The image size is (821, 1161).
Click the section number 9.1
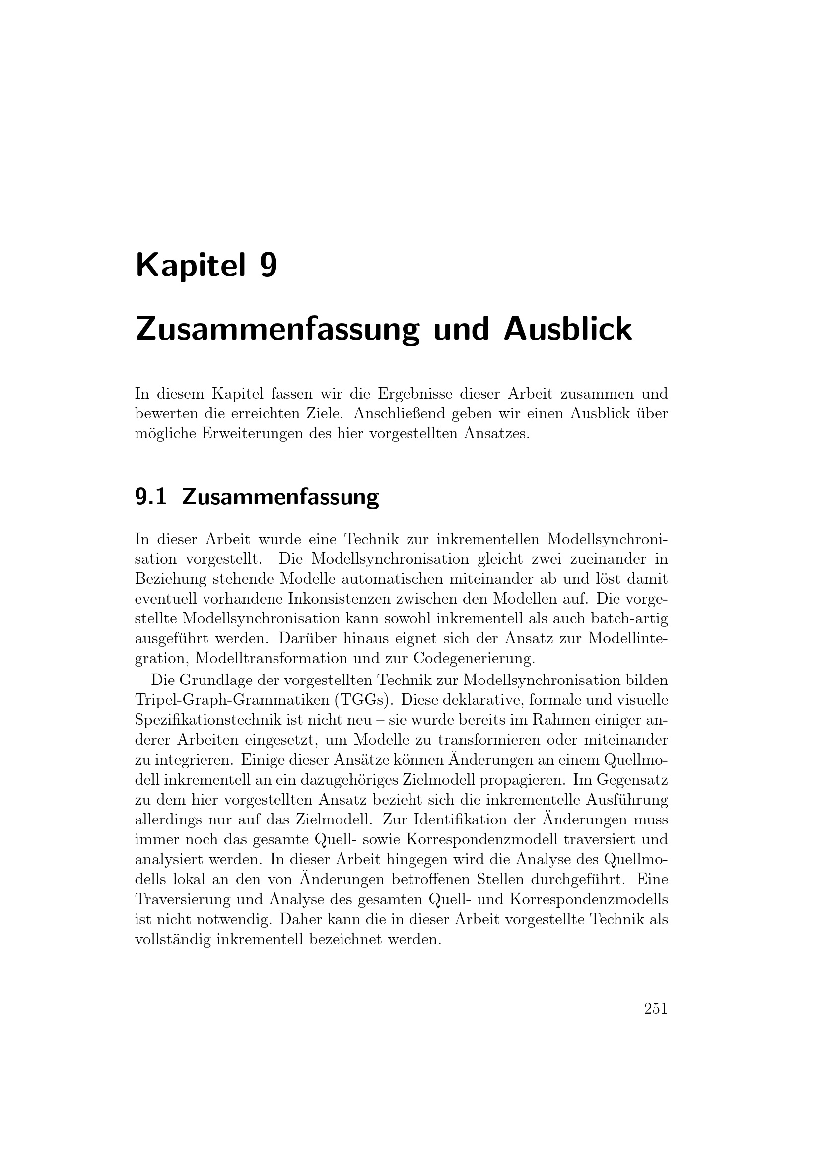tap(151, 497)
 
